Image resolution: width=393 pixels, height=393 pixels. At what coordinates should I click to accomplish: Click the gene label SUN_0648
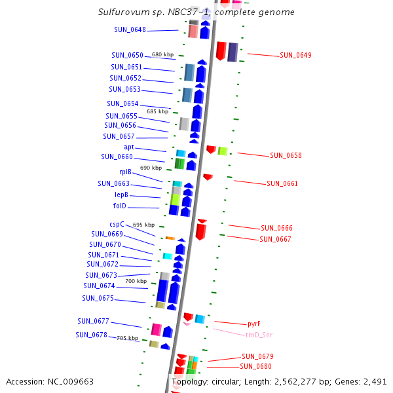click(x=130, y=29)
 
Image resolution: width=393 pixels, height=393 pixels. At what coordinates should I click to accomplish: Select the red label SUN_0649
click(x=295, y=55)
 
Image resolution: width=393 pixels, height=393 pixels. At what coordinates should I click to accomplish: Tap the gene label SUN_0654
click(x=122, y=103)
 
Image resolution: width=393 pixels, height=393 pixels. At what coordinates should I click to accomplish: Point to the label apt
click(x=129, y=147)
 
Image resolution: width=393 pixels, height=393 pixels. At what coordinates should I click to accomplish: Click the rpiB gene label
click(x=125, y=172)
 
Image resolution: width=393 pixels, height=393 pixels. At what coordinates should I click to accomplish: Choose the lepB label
click(x=122, y=195)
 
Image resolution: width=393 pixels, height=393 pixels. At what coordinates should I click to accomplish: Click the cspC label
click(x=117, y=224)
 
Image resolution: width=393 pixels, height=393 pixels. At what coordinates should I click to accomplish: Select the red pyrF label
click(x=254, y=324)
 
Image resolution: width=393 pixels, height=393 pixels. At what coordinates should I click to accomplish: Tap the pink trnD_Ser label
click(x=259, y=334)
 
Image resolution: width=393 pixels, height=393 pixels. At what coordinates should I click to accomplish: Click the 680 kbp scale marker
click(x=162, y=54)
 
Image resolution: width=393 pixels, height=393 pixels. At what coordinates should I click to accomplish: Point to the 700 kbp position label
click(x=136, y=281)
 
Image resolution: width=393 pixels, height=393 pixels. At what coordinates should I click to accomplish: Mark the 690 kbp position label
click(x=151, y=168)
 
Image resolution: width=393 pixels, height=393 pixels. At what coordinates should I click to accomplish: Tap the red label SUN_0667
click(x=275, y=239)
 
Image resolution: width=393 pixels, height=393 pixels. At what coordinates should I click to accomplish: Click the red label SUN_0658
click(x=286, y=155)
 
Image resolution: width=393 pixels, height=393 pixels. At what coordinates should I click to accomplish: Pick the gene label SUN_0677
click(x=93, y=321)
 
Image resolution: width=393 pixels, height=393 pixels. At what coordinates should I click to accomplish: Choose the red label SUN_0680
click(x=255, y=366)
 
